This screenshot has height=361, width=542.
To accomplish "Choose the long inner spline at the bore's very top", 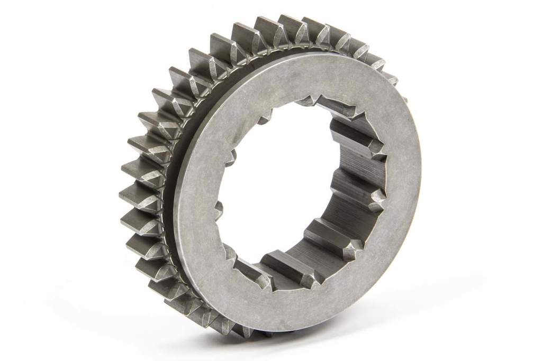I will pos(323,103).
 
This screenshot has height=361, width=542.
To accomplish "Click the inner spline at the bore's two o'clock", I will pos(360,137).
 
